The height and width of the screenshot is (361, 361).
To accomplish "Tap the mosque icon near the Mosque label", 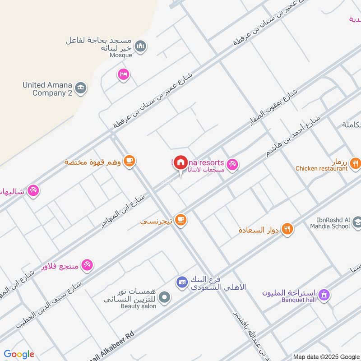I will (142, 46).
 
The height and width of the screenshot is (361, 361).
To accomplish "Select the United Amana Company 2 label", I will (47, 89).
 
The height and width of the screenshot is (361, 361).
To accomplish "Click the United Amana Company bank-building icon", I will (81, 88).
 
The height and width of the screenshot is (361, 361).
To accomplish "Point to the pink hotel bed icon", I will (123, 74).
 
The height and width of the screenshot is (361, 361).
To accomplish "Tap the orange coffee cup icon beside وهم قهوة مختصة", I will (129, 161).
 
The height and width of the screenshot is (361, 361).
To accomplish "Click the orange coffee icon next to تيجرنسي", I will (181, 220).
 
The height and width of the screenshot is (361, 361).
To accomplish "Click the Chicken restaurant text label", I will (322, 169).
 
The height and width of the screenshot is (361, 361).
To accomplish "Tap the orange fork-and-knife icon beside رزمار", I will (356, 163).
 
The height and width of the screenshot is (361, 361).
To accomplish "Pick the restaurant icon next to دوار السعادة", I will (287, 229).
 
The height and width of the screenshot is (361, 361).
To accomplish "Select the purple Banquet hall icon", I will (323, 296).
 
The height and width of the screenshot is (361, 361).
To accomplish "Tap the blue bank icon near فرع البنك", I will (181, 282).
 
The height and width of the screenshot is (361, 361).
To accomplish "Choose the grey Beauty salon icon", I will (165, 297).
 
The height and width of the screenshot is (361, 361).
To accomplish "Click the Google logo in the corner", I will (19, 354).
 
